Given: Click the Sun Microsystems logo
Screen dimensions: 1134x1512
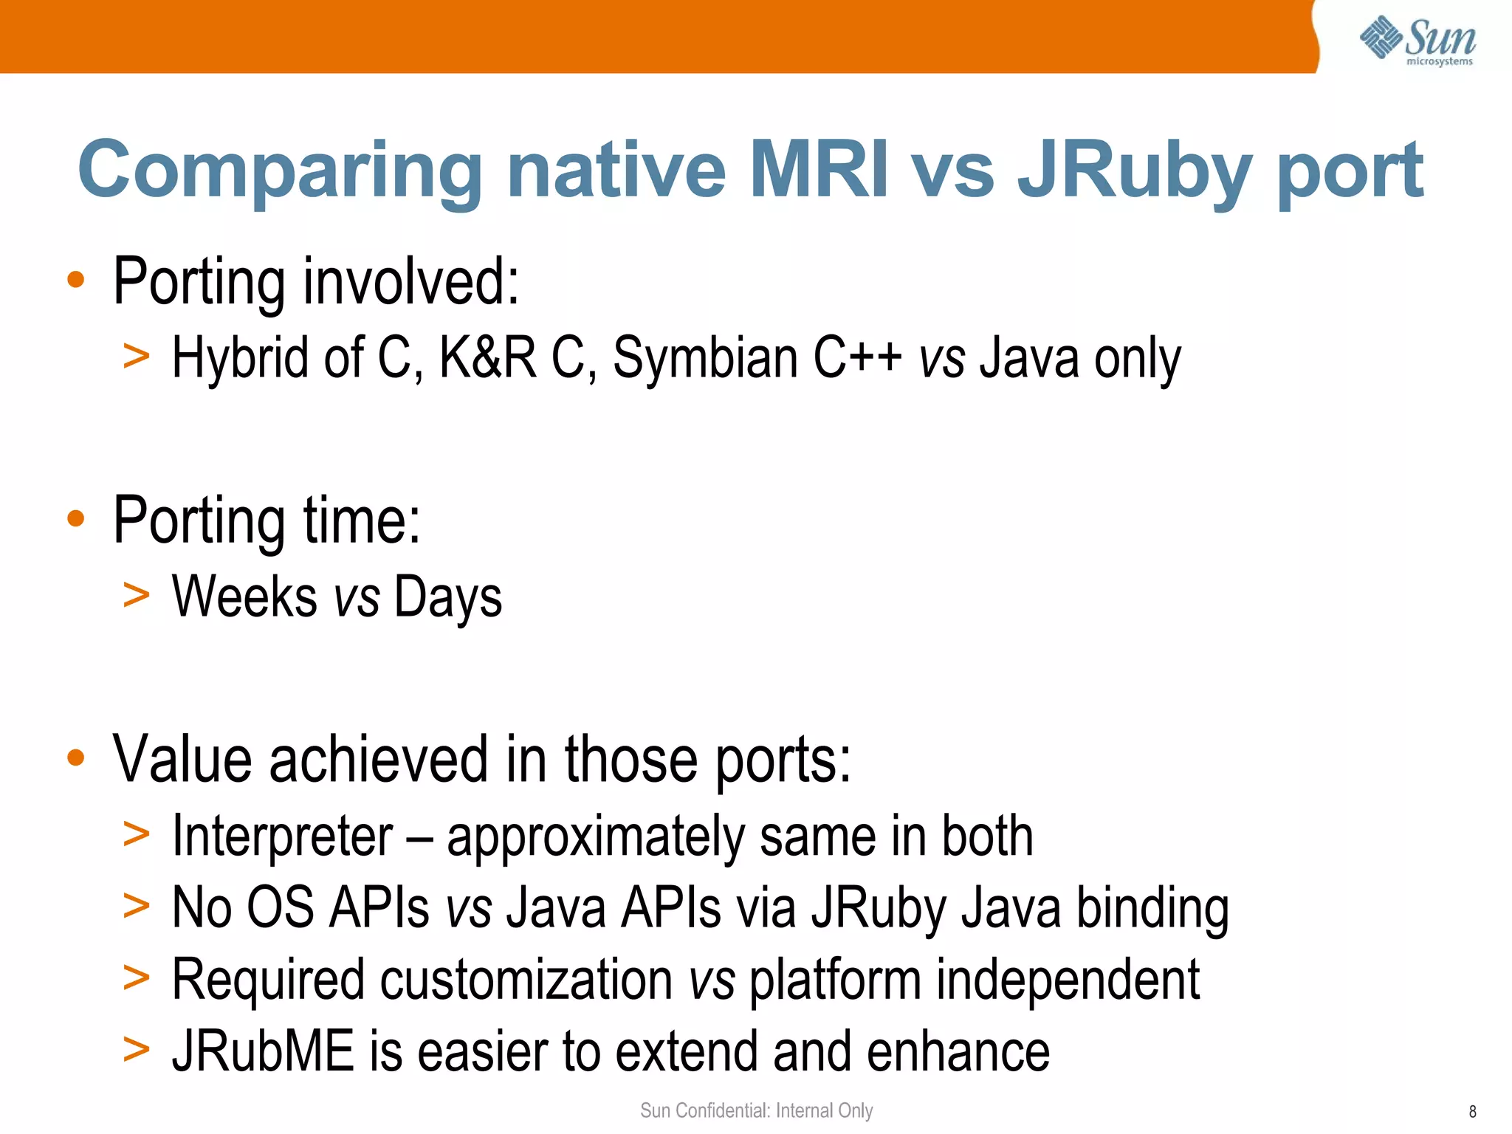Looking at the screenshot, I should click(x=1417, y=40).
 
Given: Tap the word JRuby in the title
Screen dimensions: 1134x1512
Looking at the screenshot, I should click(x=1134, y=174).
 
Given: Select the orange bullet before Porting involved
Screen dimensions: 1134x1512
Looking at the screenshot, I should click(x=75, y=281).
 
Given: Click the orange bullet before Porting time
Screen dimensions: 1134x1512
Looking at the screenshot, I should click(x=75, y=519).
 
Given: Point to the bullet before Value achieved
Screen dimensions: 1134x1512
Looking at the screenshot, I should click(x=75, y=758).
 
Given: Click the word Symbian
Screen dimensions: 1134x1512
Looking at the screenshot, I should click(x=705, y=358).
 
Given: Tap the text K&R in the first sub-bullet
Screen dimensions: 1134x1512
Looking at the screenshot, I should click(x=487, y=358).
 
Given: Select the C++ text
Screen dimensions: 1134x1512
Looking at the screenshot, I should click(x=856, y=358).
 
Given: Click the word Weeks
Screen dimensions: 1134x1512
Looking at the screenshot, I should click(x=244, y=597).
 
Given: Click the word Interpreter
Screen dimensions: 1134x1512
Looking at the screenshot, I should click(x=282, y=837).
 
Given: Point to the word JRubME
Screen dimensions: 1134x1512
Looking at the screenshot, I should click(x=263, y=1052).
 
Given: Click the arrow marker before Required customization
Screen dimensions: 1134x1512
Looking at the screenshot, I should click(x=137, y=978).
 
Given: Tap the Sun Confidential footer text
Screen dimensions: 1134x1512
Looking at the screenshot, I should click(x=756, y=1110).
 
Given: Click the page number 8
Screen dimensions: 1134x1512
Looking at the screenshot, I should click(x=1472, y=1112).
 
